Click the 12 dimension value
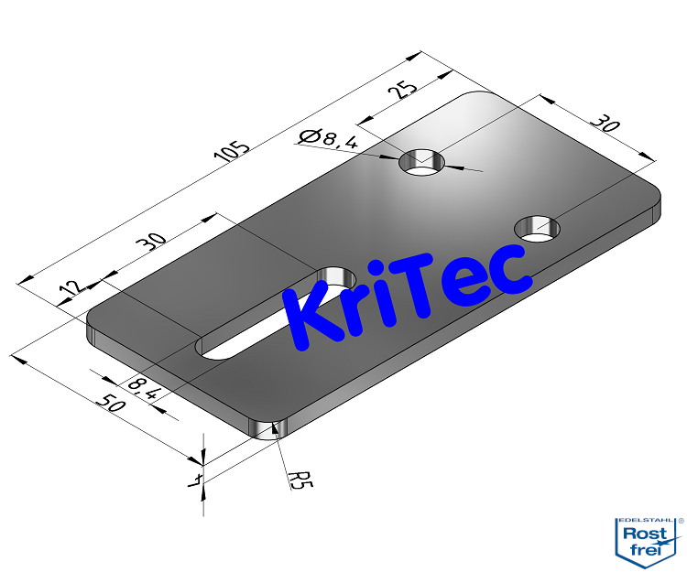[68, 292]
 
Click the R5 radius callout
[299, 478]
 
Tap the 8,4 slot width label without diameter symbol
[145, 389]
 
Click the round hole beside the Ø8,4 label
[422, 162]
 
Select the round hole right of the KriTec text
[539, 229]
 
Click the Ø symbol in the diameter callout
[310, 137]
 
